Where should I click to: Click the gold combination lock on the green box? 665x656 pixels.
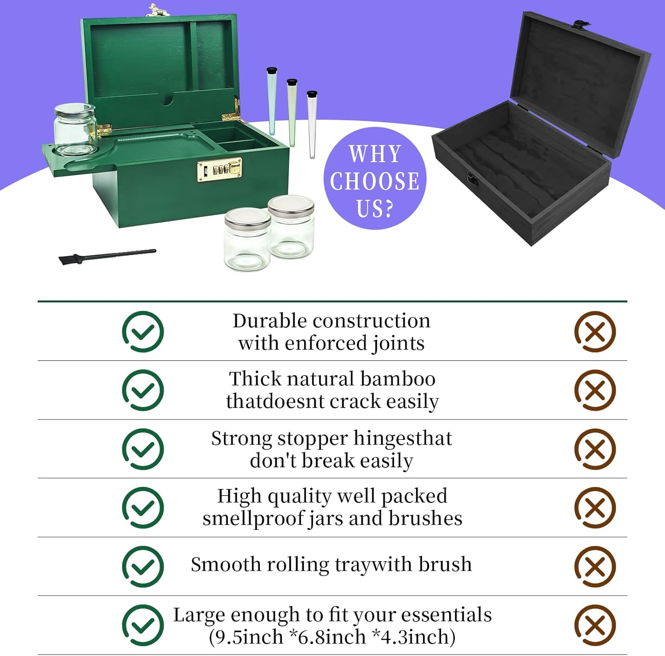[219, 170]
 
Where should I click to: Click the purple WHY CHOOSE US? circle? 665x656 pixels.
[375, 179]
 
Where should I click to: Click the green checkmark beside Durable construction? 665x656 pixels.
[143, 332]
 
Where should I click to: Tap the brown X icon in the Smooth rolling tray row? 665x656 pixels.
[595, 567]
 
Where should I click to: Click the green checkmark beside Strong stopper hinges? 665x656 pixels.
[143, 449]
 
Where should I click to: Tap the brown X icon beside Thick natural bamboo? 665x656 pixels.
[595, 390]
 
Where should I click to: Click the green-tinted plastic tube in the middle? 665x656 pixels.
[292, 113]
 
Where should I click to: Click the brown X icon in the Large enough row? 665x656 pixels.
[595, 625]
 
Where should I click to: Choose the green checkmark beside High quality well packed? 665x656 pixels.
[143, 508]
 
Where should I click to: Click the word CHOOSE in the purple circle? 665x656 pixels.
[375, 181]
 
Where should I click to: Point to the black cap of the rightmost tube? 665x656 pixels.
[312, 94]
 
